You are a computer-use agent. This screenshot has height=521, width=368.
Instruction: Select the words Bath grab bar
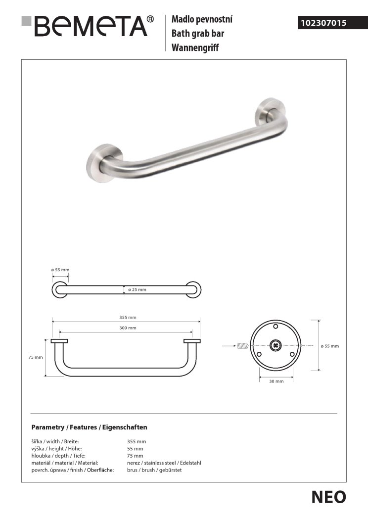[x=197, y=34]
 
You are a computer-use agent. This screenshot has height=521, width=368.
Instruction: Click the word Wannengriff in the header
[x=195, y=47]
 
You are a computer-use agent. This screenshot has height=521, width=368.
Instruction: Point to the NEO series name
[x=328, y=497]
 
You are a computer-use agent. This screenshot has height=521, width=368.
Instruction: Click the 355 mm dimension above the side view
[x=128, y=317]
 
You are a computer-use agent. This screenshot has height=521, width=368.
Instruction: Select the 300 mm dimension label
[x=128, y=328]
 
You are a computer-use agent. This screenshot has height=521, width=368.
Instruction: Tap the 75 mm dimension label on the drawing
[x=36, y=357]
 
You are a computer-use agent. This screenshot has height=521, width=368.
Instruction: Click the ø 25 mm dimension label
[x=137, y=289]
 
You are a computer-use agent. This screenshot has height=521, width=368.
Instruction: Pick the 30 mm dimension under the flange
[x=276, y=381]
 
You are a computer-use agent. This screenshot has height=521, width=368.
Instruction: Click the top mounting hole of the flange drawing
[x=276, y=327]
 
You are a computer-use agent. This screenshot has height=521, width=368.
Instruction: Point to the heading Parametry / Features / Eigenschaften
[x=89, y=427]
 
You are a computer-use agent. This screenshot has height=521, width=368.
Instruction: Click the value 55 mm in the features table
[x=135, y=448]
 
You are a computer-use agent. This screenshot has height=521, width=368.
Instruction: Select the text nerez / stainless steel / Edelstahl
[x=164, y=463]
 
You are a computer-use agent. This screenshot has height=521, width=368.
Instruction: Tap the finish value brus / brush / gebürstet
[x=154, y=470]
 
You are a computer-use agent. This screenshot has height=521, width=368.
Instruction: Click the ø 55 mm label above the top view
[x=60, y=270]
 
